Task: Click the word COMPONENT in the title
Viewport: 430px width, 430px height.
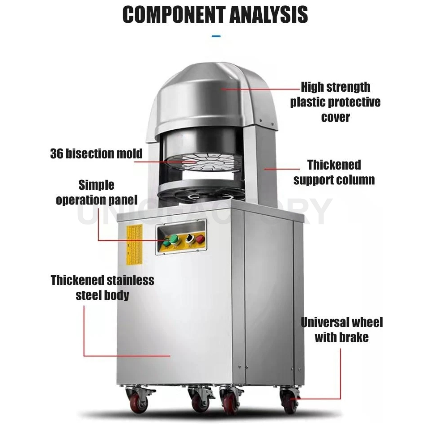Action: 174,14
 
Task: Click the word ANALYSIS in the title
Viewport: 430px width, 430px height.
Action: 268,14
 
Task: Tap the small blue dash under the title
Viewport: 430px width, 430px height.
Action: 216,36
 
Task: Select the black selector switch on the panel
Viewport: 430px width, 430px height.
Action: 189,238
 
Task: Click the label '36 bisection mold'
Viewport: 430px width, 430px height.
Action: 96,153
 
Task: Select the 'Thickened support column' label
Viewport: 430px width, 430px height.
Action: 334,172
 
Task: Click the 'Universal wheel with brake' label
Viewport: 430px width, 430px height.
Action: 342,329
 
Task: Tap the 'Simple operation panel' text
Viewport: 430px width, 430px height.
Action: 96,192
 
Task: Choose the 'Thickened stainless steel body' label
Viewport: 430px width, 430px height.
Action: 102,287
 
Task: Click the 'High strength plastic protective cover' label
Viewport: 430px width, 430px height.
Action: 335,102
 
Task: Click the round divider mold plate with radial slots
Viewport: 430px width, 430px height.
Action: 196,164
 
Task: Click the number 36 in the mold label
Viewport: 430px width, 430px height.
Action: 57,153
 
